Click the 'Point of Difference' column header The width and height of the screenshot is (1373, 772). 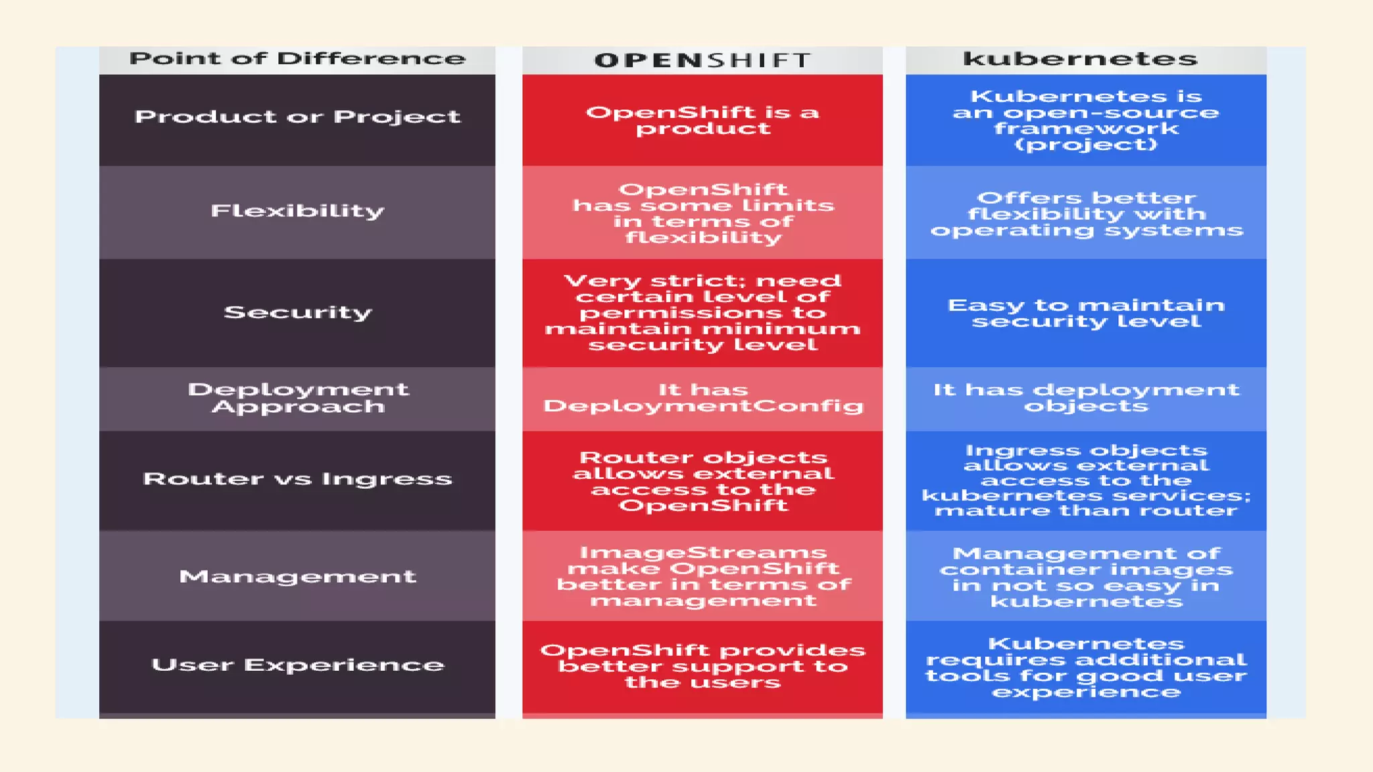point(297,59)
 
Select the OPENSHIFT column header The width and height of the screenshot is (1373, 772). point(702,60)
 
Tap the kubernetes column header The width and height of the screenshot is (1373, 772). point(1080,59)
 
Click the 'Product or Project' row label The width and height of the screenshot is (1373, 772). point(297,117)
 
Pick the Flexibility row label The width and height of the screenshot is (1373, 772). point(297,211)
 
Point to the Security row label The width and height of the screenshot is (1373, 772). point(297,312)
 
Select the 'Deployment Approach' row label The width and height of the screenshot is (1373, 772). point(297,398)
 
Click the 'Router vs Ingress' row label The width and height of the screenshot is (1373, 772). point(297,479)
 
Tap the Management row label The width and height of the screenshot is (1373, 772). point(297,576)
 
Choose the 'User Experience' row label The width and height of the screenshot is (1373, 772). point(297,665)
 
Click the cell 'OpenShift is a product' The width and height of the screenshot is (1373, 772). point(702,121)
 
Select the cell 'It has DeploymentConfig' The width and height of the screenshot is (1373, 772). point(702,398)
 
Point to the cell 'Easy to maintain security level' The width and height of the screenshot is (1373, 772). point(1085,313)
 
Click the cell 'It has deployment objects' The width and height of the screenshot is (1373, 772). point(1085,398)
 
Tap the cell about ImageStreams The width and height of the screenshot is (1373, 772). point(702,576)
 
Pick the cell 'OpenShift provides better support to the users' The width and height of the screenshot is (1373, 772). point(702,666)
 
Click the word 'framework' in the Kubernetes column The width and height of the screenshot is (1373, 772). point(1085,129)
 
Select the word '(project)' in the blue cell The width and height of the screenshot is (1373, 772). point(1085,145)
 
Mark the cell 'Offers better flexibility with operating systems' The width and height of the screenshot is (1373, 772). point(1085,214)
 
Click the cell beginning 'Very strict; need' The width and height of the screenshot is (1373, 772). point(702,312)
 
